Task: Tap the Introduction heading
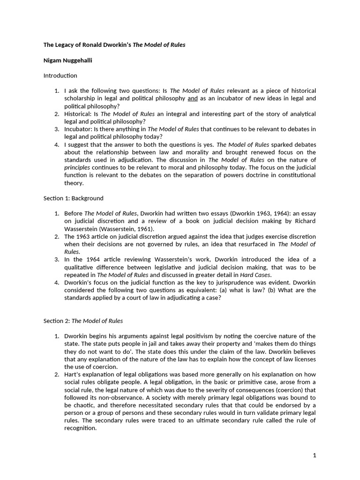pos(60,75)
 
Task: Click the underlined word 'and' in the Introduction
pos(193,98)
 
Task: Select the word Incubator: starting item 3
pos(78,129)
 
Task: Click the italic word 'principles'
pos(77,168)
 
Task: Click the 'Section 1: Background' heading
pos(74,198)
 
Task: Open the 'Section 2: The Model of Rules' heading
pos(83,321)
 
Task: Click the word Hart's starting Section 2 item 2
pos(73,374)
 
